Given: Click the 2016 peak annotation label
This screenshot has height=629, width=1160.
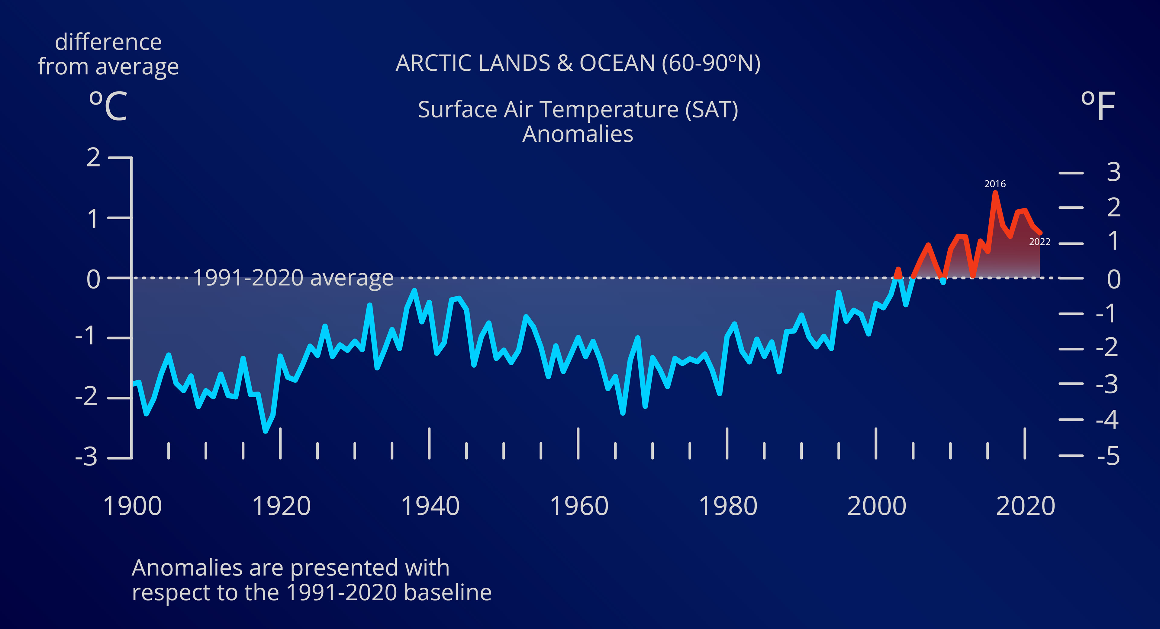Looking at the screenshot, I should click(x=995, y=184).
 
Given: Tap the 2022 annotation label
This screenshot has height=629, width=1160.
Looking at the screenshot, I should click(x=1039, y=242).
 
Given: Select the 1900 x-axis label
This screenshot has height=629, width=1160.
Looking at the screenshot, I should click(x=132, y=506).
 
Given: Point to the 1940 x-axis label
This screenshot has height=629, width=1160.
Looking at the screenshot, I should click(x=430, y=506).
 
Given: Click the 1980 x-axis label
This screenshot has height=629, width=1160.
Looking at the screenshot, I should click(x=728, y=506).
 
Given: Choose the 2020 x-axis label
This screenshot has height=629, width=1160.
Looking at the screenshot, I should click(x=1025, y=506).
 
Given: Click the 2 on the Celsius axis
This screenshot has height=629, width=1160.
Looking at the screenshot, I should click(x=93, y=158).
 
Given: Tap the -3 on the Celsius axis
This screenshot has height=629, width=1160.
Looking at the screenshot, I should click(x=86, y=457).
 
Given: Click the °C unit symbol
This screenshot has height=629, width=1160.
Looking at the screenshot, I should click(x=108, y=106).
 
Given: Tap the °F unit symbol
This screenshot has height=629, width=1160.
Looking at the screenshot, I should click(x=1098, y=106).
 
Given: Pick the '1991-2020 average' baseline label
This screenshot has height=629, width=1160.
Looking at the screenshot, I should click(x=293, y=278).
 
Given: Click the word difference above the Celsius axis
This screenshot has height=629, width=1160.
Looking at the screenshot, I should click(x=108, y=42).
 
